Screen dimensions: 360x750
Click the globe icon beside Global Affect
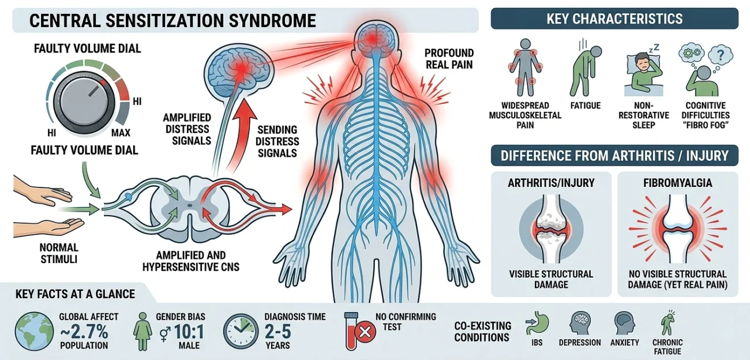click(34, 332)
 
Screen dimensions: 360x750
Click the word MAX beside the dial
click(121, 133)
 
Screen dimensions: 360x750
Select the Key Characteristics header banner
click(614, 18)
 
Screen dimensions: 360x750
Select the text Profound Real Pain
click(449, 59)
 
